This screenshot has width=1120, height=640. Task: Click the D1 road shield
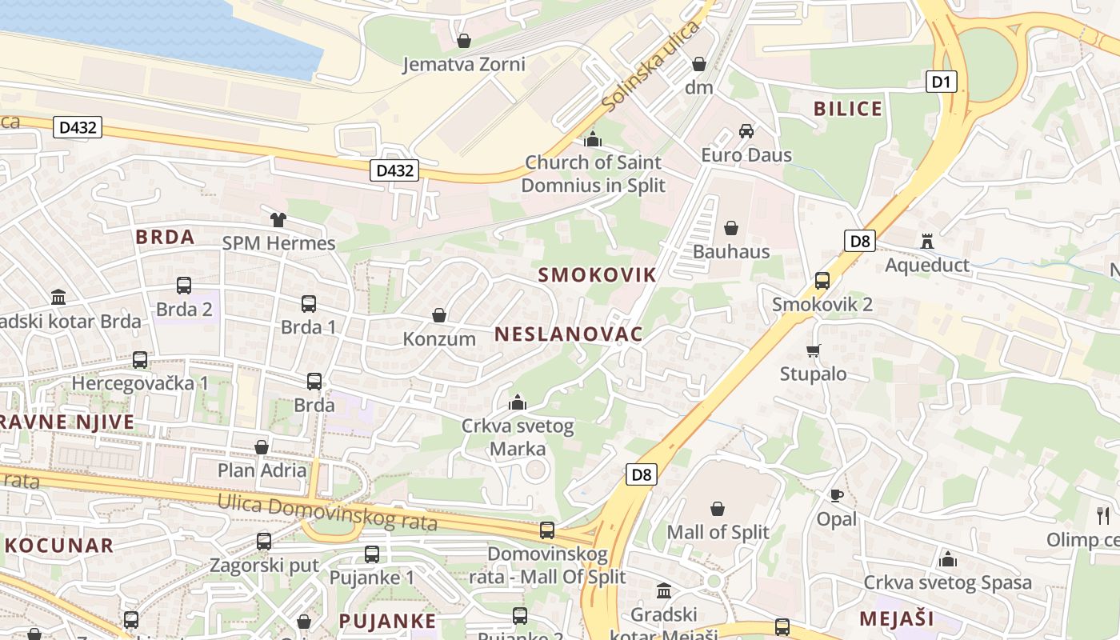point(942,81)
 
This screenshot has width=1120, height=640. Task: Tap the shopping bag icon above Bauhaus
point(731,228)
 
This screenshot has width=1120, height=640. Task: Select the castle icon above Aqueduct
point(927,241)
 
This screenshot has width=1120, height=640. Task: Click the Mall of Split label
point(718,532)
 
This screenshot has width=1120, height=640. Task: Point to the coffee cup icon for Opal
point(837,495)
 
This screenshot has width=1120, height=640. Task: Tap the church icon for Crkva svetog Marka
point(518,402)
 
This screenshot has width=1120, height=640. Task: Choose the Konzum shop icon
point(439,316)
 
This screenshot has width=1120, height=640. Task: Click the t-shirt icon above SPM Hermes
point(278,219)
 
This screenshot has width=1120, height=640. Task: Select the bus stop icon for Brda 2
point(184,286)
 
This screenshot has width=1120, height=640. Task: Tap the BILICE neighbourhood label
point(848,109)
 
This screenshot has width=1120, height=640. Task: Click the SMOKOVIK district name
point(597,275)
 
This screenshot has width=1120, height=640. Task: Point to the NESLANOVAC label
point(569,334)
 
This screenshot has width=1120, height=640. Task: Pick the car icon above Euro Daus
point(746,131)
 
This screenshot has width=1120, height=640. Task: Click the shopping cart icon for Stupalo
point(814,350)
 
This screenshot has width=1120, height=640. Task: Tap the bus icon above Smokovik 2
point(822,281)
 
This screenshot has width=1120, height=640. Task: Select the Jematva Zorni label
point(464,64)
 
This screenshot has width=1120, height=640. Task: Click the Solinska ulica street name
point(650,67)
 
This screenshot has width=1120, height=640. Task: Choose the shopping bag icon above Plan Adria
point(262,447)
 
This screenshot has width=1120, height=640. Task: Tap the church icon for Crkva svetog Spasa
point(948,558)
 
